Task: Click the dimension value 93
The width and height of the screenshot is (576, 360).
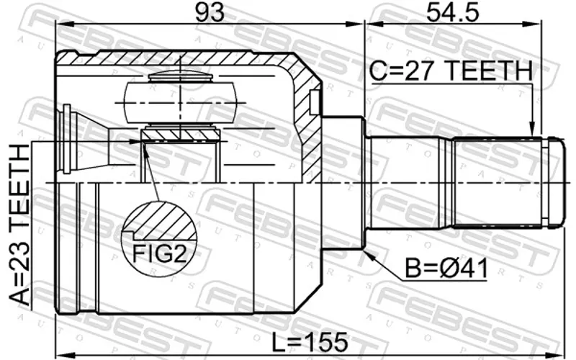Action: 210,12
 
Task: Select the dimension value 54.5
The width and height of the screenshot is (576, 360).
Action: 453,12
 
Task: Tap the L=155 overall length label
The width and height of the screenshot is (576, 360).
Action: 310,342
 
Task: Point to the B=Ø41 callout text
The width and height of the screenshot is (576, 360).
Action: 446,269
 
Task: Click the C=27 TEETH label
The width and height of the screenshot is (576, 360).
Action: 451,71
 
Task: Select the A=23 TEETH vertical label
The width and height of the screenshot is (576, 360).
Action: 19,225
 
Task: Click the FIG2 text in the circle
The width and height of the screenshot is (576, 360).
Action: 159,253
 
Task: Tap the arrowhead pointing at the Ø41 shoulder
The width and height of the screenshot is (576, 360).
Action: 369,255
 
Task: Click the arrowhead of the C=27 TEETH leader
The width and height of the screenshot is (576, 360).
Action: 531,130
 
